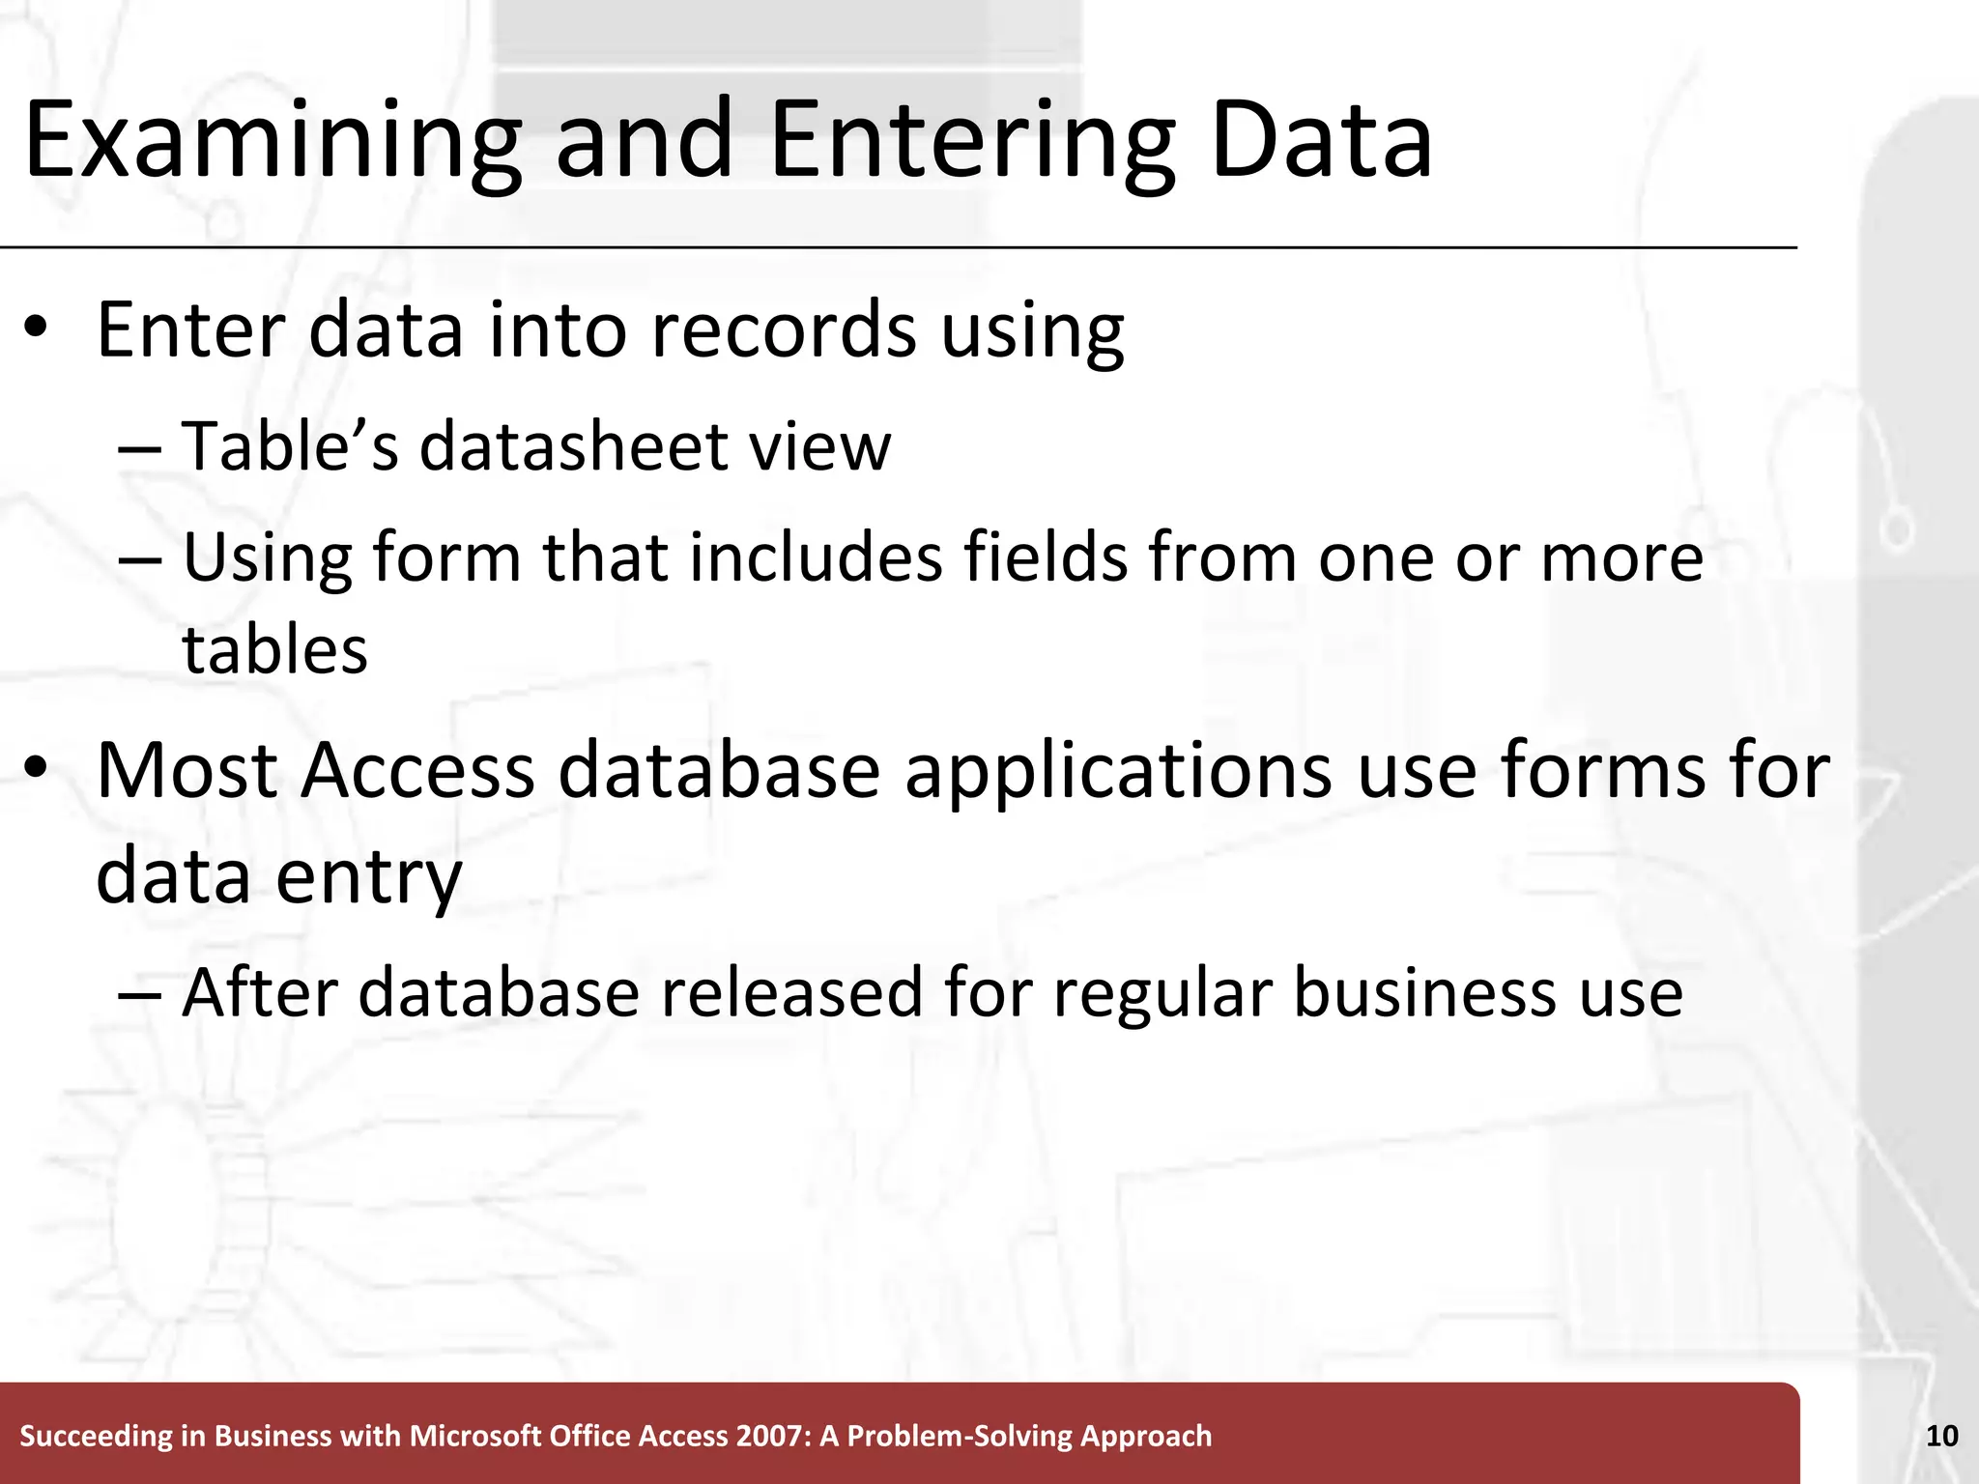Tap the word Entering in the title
click(x=972, y=141)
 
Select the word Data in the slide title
click(x=1320, y=141)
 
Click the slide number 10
click(x=1941, y=1436)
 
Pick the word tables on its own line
click(x=275, y=649)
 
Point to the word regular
click(x=1161, y=993)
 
